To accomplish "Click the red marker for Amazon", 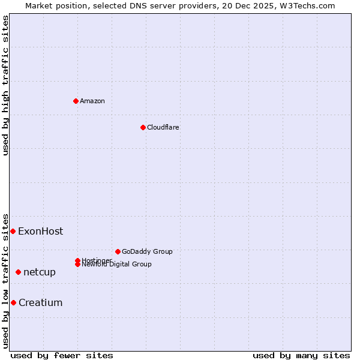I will [76, 101].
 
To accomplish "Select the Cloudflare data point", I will [143, 127].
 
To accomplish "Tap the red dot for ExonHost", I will [13, 231].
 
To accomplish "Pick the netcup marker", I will [18, 272].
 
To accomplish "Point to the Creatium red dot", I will [13, 302].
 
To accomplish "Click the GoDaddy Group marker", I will [118, 251].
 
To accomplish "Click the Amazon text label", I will [92, 101].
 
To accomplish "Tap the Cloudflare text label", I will [163, 127].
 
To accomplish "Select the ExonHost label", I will [40, 232].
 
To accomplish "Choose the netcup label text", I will [39, 272].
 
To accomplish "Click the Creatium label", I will [40, 303].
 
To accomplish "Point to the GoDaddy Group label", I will [147, 251].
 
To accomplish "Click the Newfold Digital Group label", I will [116, 264].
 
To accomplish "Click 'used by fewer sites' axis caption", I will [62, 355].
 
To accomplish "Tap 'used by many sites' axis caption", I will [301, 355].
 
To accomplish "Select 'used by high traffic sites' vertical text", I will [5, 85].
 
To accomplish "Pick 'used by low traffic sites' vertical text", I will [5, 280].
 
